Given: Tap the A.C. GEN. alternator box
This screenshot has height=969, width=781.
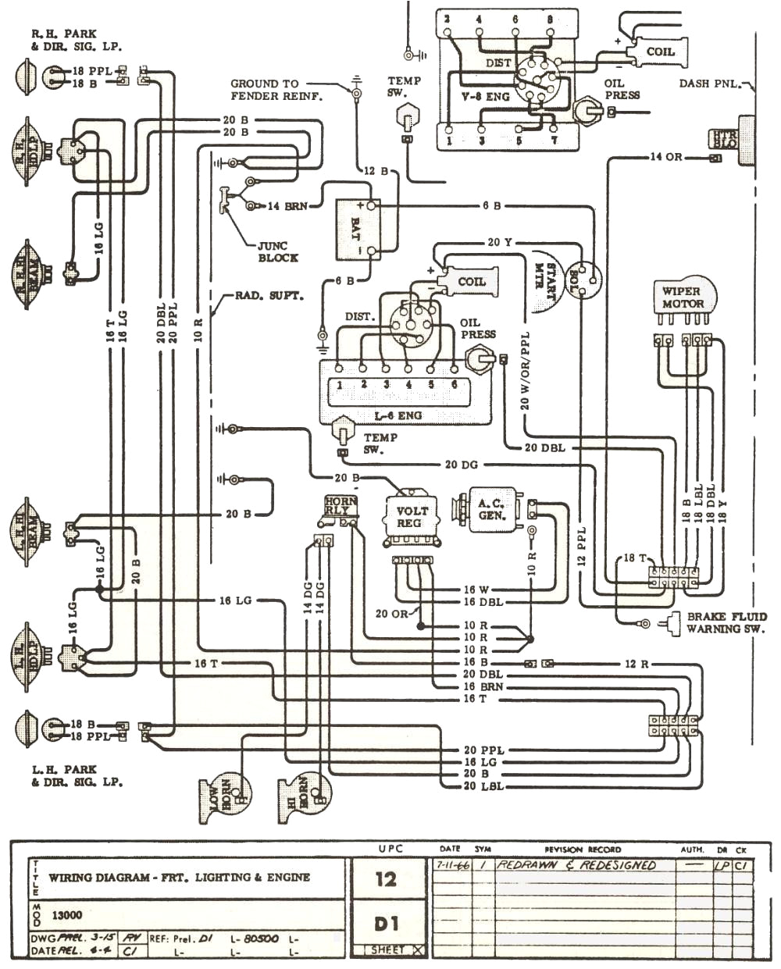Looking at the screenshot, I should (491, 510).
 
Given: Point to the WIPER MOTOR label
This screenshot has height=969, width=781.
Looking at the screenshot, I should (683, 297).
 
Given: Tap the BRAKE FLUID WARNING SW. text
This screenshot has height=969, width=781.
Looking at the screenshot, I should (726, 622).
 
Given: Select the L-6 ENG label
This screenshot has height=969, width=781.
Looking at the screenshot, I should (398, 415).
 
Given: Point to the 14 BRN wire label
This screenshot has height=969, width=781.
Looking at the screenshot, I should (287, 206).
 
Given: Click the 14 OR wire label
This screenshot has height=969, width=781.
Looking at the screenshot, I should (666, 157).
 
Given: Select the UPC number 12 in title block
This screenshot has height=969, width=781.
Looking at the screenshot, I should (386, 879).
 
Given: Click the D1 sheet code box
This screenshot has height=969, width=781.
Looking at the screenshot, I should (386, 924).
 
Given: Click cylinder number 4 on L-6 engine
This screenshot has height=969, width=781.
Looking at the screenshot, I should (408, 385).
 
